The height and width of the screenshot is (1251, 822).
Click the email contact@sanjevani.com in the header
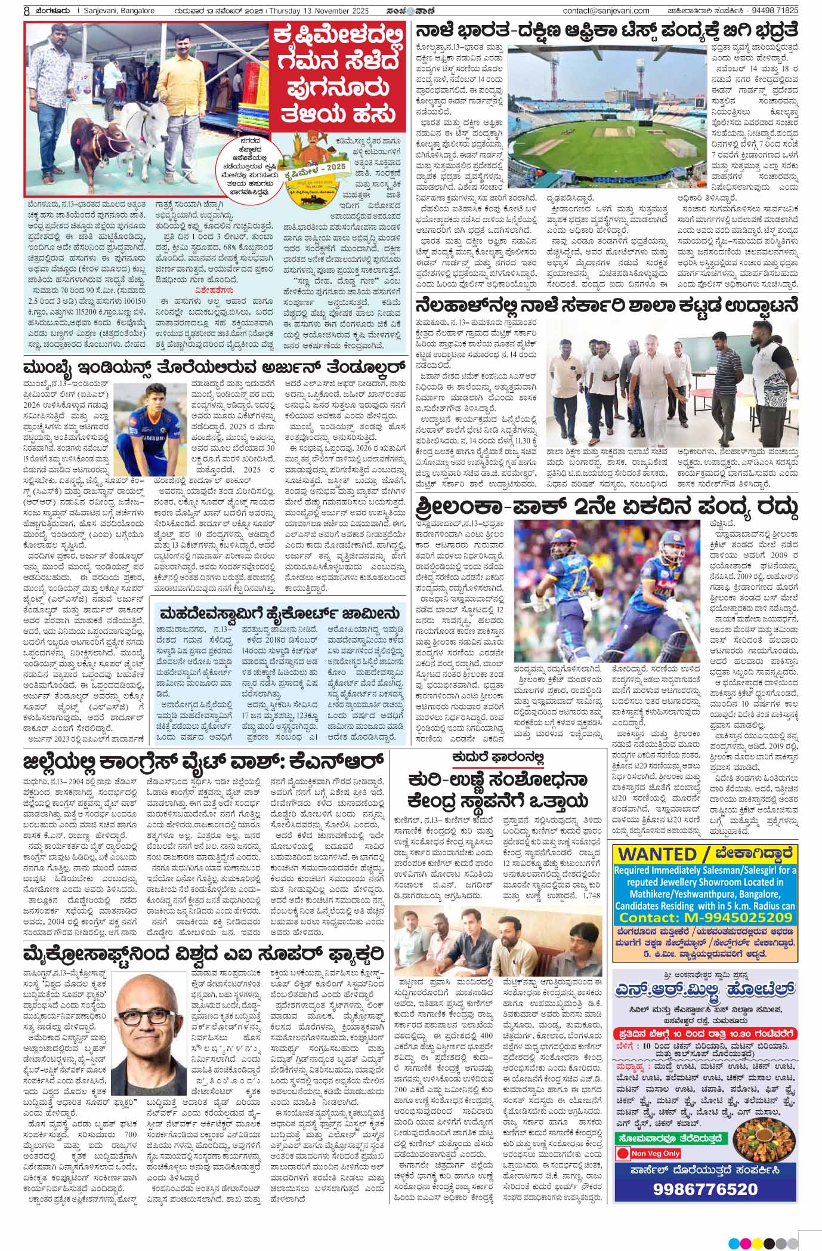[605, 10]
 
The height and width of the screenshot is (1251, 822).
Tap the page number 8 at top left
[27, 11]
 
